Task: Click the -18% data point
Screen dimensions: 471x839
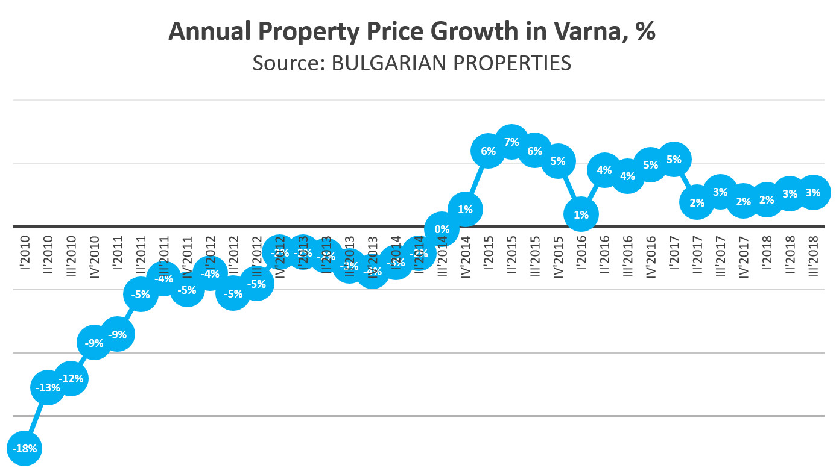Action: pos(24,448)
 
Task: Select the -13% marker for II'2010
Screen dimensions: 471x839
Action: pos(48,387)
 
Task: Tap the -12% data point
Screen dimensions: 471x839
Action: pos(71,378)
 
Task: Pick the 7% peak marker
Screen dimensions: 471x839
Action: pos(511,143)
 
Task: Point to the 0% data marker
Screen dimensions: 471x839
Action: pos(442,229)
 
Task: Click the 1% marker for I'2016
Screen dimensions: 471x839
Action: pos(581,214)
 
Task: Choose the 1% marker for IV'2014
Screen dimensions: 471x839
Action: pos(465,210)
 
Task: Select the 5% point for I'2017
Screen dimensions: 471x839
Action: pos(674,160)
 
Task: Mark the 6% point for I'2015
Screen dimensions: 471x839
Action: pos(488,151)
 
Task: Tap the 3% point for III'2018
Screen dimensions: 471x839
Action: pos(813,193)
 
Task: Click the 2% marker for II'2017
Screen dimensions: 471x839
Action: pos(697,202)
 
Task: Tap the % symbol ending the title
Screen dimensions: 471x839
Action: pos(645,32)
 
